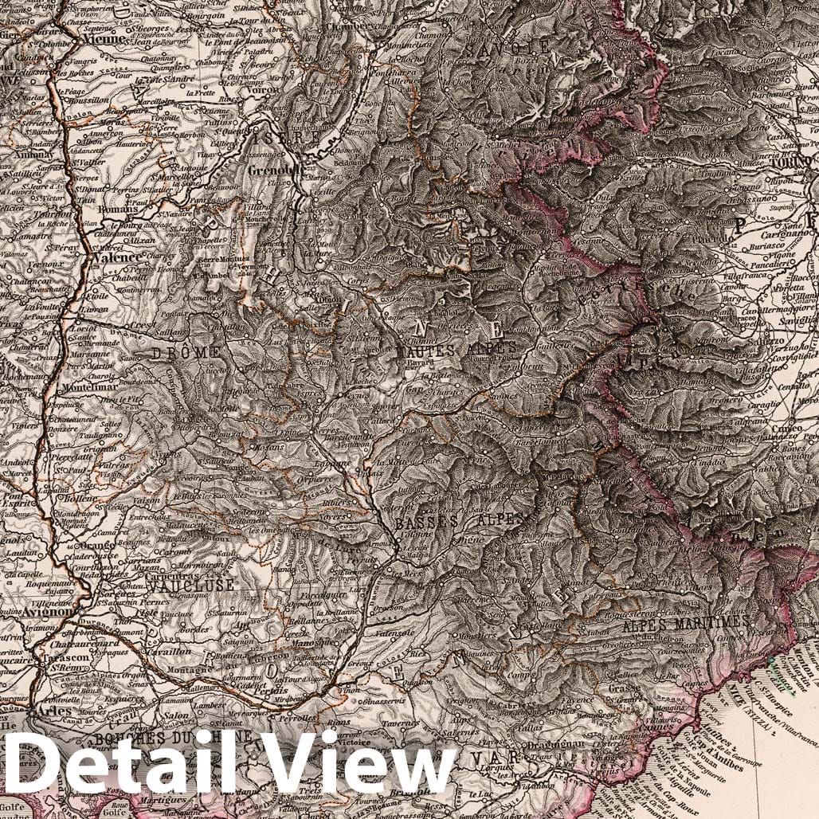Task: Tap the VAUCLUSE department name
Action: point(190,585)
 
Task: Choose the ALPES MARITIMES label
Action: point(686,621)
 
